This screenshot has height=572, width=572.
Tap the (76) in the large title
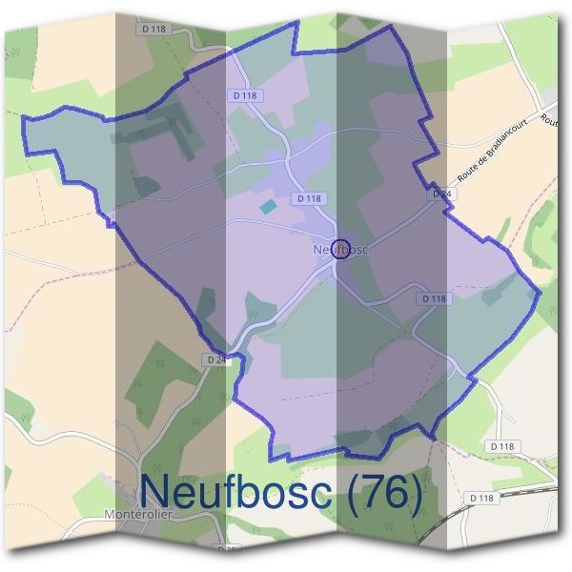(x=376, y=492)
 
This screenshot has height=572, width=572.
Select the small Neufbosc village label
(x=339, y=250)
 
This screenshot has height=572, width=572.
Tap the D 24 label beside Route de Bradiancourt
(x=440, y=194)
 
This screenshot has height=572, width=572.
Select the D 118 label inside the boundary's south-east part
(x=433, y=298)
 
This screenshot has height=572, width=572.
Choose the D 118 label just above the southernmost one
(x=504, y=446)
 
